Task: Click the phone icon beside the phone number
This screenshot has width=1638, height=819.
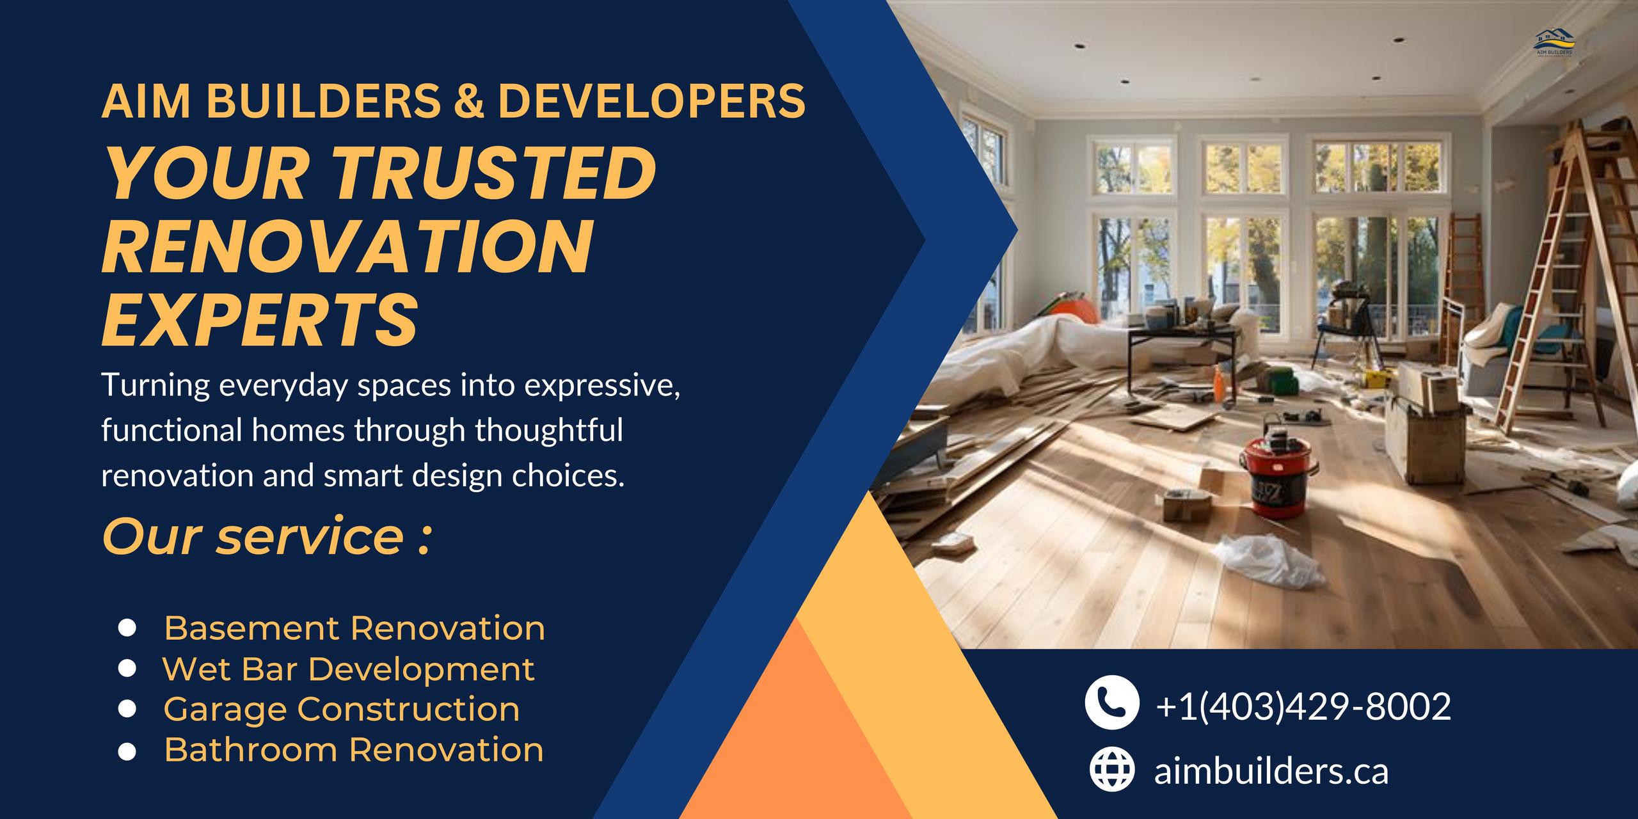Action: coord(1111,702)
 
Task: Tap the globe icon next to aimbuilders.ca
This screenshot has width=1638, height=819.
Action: coord(1112,769)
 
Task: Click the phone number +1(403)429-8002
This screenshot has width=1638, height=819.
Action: coord(1303,707)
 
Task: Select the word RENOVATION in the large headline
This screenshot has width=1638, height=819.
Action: coord(348,246)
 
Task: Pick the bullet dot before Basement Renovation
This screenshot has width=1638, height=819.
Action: coord(128,628)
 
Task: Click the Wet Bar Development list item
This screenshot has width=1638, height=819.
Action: coord(349,669)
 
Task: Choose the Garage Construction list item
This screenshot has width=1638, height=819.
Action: coord(342,710)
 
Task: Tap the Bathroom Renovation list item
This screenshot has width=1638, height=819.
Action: coord(354,750)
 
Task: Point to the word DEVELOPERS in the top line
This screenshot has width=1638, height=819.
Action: coord(651,100)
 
